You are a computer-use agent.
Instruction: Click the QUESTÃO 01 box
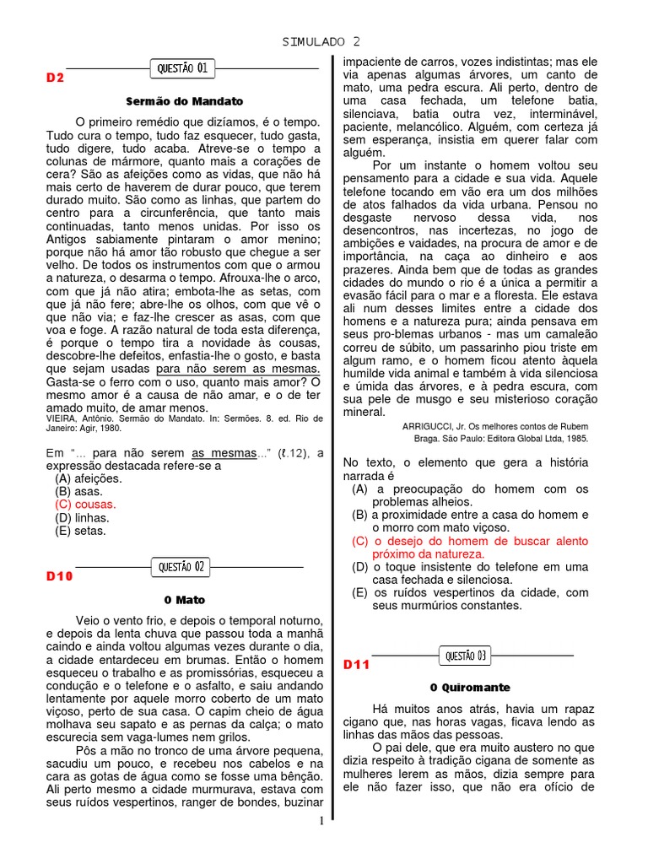click(182, 67)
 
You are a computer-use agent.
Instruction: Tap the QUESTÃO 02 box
click(182, 567)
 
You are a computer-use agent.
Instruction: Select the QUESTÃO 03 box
click(466, 655)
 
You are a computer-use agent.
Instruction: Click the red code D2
click(55, 78)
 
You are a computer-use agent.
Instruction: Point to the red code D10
click(59, 576)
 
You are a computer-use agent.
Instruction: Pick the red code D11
click(356, 665)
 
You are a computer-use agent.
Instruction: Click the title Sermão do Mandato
click(184, 100)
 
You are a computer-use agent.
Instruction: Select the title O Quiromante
click(464, 688)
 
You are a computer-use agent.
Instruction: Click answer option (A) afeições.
click(88, 478)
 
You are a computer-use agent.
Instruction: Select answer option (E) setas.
click(81, 532)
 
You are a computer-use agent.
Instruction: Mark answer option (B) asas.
click(78, 491)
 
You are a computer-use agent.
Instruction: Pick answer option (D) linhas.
click(83, 518)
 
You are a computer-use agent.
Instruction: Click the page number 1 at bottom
click(321, 821)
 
